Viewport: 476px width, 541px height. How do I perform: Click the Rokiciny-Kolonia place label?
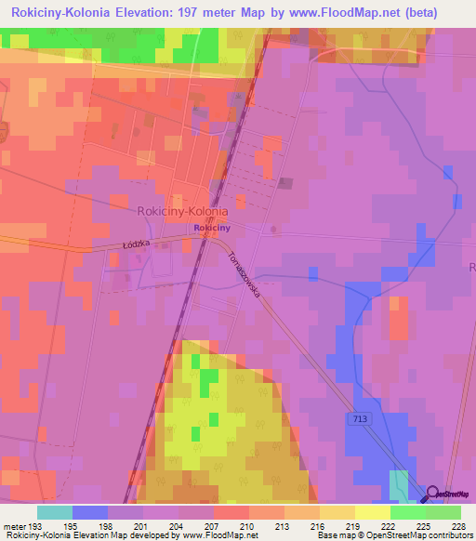(x=182, y=211)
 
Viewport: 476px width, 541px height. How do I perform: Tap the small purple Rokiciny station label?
(x=212, y=227)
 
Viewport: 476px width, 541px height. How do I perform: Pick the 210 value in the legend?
(x=248, y=526)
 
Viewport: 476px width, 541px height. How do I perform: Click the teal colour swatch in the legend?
(x=55, y=512)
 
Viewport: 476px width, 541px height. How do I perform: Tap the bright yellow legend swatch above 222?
(x=372, y=512)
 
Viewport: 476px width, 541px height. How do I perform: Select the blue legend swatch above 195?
(x=90, y=512)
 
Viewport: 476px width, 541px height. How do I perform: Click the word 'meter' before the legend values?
(x=16, y=526)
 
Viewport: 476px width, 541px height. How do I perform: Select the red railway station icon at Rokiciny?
(x=206, y=235)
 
